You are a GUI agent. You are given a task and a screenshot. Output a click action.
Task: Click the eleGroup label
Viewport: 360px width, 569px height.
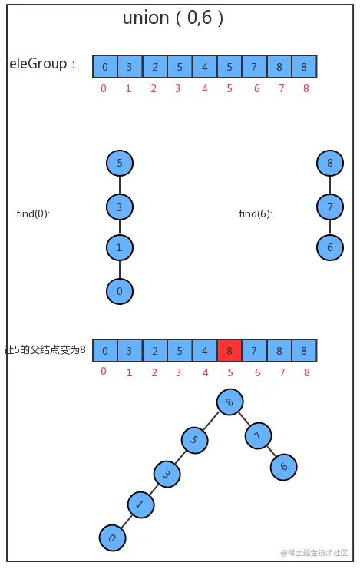pos(43,65)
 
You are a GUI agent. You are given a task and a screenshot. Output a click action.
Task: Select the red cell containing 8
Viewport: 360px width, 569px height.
pos(230,351)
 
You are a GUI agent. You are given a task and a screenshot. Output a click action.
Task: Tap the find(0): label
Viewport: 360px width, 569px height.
pos(33,213)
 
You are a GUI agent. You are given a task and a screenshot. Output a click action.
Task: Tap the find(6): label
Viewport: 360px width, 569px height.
pos(256,213)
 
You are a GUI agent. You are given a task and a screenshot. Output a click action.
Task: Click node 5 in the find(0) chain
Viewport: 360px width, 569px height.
pos(120,163)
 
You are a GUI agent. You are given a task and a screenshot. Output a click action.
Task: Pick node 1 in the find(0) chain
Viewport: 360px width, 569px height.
pos(120,248)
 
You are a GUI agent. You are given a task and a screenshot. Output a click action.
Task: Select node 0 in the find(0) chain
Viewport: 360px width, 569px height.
pos(120,291)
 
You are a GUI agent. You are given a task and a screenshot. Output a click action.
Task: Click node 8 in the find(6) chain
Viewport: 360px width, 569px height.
pos(329,163)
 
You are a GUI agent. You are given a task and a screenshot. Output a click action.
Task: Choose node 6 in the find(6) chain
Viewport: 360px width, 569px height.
pos(329,247)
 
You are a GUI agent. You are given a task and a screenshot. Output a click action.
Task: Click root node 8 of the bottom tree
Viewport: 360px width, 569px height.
pos(230,402)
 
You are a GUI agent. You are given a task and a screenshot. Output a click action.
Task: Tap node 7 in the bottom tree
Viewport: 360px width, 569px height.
pos(258,436)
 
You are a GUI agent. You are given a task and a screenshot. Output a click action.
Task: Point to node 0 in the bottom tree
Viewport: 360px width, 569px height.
pos(112,538)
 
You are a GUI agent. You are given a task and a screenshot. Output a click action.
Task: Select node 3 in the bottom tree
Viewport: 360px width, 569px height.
pos(167,474)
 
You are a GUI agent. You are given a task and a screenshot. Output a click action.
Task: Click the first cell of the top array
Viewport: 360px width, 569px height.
pos(104,66)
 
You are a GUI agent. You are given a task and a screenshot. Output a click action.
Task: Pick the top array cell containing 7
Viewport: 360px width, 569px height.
pos(254,66)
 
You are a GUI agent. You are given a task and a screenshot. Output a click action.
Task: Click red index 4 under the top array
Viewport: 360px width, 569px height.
pos(204,88)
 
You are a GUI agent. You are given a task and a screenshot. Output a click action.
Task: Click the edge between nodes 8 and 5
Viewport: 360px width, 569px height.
pos(213,420)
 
